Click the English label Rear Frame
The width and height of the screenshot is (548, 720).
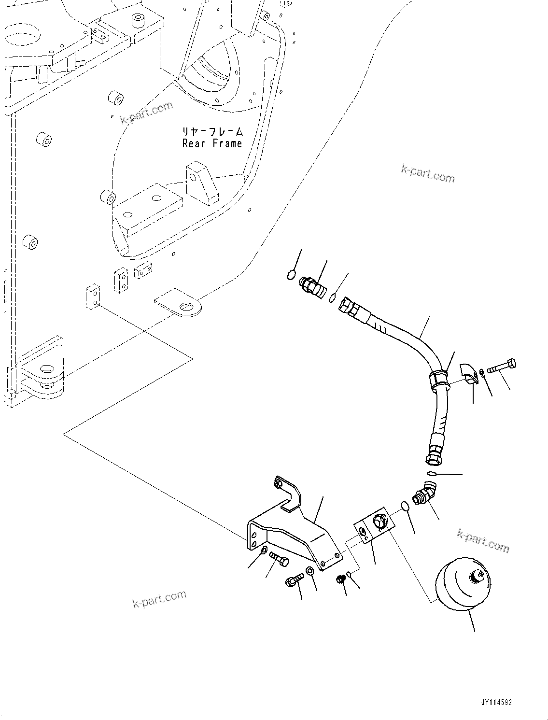pos(212,143)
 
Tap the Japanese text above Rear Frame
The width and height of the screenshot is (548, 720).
pos(212,131)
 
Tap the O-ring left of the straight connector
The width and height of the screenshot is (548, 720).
pos(291,275)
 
